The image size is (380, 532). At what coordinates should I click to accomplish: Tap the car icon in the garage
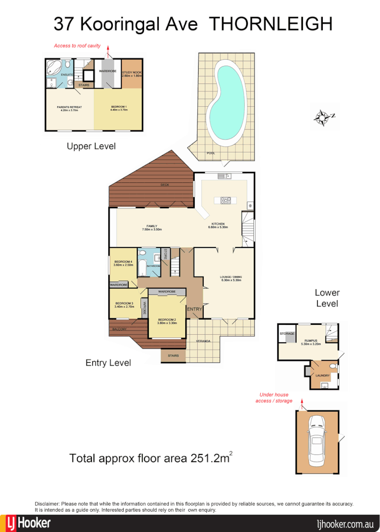coord(316,440)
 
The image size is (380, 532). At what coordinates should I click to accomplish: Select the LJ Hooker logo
coord(28,523)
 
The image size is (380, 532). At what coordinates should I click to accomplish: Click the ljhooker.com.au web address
coord(345,524)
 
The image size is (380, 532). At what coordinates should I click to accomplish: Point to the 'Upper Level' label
coord(91,146)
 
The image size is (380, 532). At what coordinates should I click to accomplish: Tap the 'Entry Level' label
coord(108,363)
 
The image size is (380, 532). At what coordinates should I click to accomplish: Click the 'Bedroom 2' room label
coord(167,321)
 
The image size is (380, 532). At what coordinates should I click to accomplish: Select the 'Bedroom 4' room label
coord(123,263)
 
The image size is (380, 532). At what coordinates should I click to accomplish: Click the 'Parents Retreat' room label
coord(69,108)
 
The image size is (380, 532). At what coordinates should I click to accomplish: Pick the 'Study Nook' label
coord(132,74)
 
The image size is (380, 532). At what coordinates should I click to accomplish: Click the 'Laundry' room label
coord(322,376)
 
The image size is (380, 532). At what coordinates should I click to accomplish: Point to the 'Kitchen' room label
coord(219,226)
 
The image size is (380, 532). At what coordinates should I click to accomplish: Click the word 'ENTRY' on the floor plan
coord(194,309)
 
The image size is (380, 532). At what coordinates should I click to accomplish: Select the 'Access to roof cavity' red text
coord(77,46)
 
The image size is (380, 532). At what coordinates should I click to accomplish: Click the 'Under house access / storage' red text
coord(274,397)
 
